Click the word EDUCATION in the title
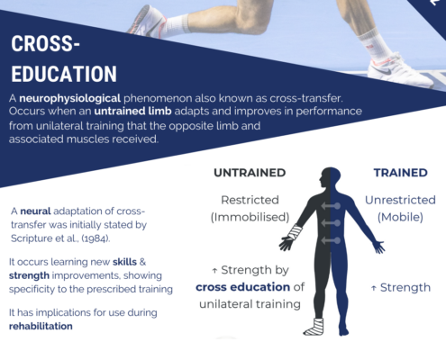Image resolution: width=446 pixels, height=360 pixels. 64,74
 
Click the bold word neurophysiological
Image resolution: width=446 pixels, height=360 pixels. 70,98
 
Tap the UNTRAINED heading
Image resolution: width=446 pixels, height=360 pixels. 250,173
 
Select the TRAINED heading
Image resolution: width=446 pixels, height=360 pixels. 401,173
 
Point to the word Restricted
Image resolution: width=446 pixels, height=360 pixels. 250,200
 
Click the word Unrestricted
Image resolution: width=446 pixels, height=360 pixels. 400,200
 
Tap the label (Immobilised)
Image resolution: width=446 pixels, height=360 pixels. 250,217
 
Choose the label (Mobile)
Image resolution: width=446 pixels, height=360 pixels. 400,217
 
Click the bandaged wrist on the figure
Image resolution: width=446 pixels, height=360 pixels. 295,232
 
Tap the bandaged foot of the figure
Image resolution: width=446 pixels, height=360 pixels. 314,327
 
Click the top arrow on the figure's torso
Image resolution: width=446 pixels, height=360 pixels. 331,206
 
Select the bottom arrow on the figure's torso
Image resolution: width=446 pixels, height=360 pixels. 331,240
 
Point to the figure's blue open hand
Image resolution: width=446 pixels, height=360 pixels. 378,247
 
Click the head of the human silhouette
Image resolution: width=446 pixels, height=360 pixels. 330,177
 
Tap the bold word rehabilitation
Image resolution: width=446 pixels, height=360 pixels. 41,326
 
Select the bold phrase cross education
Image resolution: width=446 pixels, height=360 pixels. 242,287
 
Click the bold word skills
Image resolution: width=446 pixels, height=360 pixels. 124,262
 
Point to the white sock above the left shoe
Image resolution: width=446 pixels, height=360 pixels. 177,24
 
